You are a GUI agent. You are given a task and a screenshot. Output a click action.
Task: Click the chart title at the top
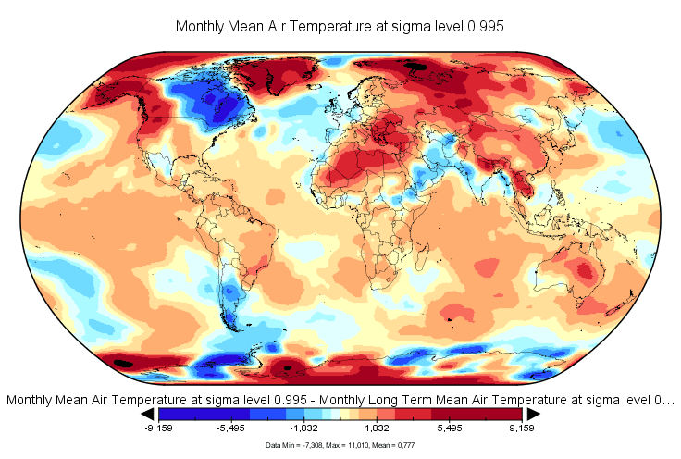(x=340, y=27)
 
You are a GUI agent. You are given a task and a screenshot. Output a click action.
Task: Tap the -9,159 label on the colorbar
(x=160, y=429)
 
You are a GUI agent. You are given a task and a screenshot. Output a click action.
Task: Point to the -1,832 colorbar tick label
(x=304, y=429)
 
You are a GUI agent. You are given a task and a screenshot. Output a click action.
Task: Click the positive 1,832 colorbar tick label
(x=377, y=429)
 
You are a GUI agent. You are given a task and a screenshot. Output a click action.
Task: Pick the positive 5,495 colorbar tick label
(x=450, y=429)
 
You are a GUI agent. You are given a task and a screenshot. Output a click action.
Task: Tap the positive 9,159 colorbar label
(x=523, y=429)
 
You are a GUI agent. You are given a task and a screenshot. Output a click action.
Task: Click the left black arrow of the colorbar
(x=146, y=414)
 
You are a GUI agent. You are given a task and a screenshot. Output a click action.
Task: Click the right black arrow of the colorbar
(x=534, y=414)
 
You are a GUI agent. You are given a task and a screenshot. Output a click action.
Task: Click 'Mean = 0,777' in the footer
(x=390, y=446)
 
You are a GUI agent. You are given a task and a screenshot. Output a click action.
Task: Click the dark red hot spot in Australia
(x=585, y=271)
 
